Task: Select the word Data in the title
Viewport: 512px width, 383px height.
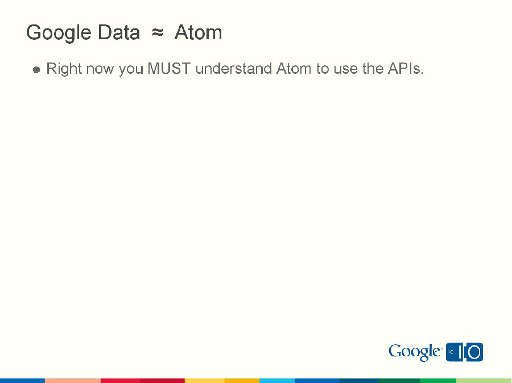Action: coord(118,33)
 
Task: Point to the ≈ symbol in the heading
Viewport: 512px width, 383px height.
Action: coord(158,33)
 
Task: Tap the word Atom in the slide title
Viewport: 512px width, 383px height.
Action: coord(198,33)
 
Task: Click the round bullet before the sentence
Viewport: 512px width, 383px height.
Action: coord(36,70)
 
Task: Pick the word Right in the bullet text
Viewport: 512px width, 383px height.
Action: coord(64,69)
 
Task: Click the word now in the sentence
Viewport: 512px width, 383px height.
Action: coord(100,69)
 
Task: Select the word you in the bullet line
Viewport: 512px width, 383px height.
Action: coord(131,69)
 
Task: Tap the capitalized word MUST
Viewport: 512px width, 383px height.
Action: coord(169,69)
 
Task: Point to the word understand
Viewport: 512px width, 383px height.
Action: coord(234,69)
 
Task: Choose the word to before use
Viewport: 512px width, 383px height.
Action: coord(323,69)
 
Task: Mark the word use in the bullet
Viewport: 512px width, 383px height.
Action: coord(346,69)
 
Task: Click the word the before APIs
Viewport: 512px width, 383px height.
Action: coord(373,69)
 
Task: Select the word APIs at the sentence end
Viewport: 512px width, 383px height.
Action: coord(406,69)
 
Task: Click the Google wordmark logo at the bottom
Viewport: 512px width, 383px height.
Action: coord(415,352)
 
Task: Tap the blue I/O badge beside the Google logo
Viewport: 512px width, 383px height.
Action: coord(465,352)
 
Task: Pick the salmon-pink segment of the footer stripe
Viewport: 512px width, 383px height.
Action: coord(73,380)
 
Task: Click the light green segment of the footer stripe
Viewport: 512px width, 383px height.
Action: coord(484,380)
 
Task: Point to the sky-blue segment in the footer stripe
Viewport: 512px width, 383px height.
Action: coord(277,380)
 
